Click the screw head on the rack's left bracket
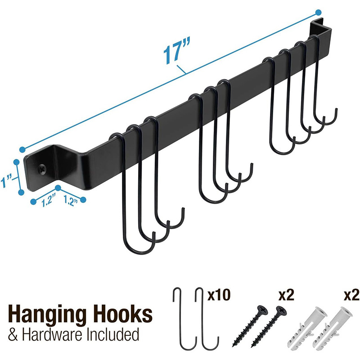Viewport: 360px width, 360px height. click(42, 170)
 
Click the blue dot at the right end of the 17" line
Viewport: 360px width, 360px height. click(318, 12)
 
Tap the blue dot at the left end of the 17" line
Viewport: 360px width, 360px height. click(22, 149)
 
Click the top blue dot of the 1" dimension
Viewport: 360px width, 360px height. click(17, 161)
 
